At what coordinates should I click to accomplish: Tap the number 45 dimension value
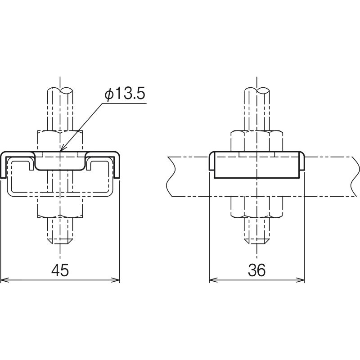(60, 270)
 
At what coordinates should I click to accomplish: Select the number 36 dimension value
(256, 270)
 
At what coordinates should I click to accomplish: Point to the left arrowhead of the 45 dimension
(4, 280)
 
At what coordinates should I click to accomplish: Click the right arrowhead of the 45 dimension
(116, 280)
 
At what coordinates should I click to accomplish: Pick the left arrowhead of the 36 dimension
(213, 280)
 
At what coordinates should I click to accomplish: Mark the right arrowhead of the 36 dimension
(300, 280)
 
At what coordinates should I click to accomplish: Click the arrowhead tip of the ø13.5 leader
(60, 152)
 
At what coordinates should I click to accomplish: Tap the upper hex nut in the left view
(60, 141)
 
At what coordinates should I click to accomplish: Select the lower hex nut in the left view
(60, 207)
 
